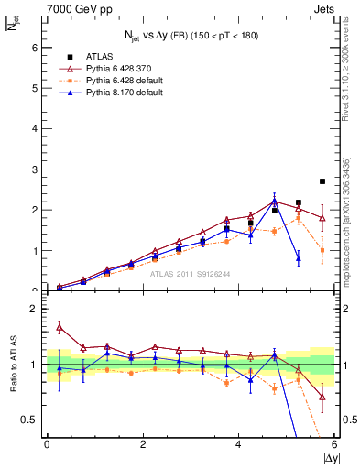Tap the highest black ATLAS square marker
pyautogui.click(x=322, y=181)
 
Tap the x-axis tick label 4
pyautogui.click(x=239, y=444)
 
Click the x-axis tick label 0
pyautogui.click(x=47, y=444)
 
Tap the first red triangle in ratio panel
pyautogui.click(x=60, y=327)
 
